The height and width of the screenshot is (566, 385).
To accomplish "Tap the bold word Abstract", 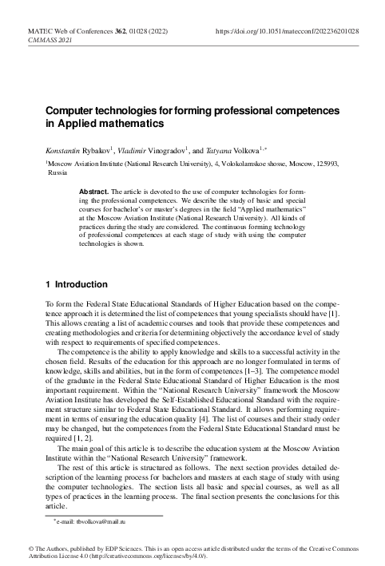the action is [x=95, y=192].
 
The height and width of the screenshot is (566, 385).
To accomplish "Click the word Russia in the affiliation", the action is [x=58, y=172].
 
